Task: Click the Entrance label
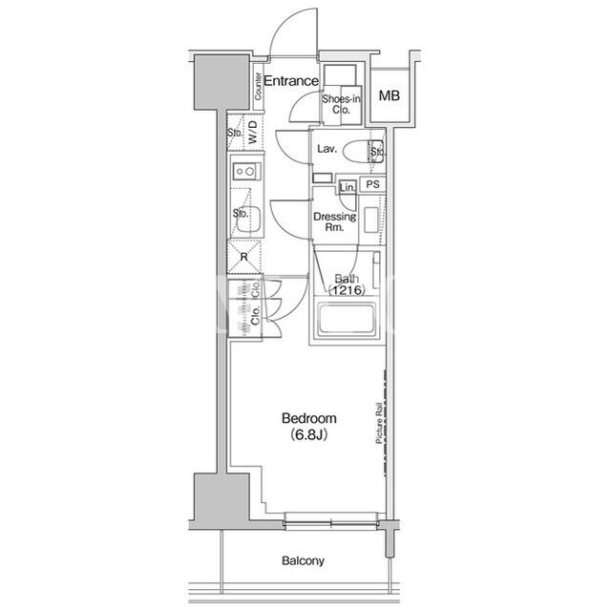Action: pos(291,81)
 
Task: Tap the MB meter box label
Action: pos(390,95)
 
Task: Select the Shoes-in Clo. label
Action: pos(341,104)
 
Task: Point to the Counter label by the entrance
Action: pos(258,86)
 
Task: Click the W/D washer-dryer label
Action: pos(253,133)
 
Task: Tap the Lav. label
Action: pos(327,149)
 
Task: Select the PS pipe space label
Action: pos(373,184)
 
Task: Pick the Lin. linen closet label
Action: pos(348,188)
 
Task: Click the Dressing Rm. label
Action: pos(335,221)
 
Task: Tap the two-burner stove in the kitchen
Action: pos(246,171)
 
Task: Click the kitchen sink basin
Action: pos(248,221)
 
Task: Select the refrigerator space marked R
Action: pos(244,257)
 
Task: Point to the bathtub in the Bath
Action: pos(347,320)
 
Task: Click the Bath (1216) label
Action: pos(347,284)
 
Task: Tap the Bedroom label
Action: pos(309,418)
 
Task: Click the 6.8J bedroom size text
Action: pos(308,435)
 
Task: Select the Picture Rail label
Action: pos(379,423)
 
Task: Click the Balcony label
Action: pos(304,561)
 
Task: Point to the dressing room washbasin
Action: pos(371,221)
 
